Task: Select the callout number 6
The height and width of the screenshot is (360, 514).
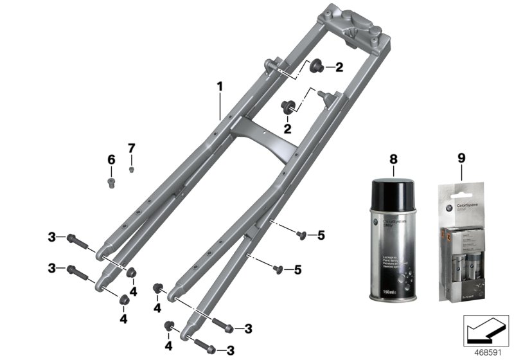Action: click(111, 159)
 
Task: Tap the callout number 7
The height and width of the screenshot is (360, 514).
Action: click(132, 148)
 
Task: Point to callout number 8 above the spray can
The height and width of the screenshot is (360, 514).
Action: click(394, 158)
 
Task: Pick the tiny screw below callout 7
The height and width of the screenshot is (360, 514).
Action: click(132, 170)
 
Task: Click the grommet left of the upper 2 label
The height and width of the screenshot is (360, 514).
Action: click(317, 66)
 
